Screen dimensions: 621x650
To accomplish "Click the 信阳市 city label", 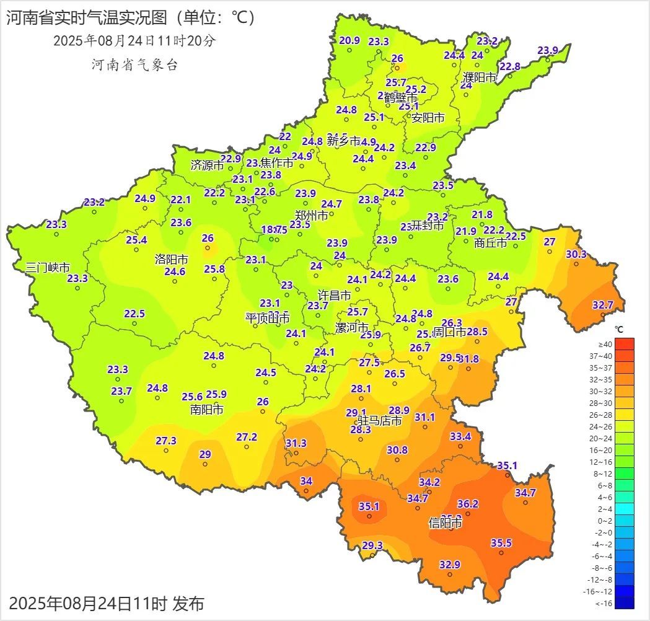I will tap(446, 524).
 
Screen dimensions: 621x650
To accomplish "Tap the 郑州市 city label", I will tap(311, 216).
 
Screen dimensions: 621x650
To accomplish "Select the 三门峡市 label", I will tap(48, 268).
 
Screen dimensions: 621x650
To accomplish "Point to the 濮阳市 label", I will tap(480, 78).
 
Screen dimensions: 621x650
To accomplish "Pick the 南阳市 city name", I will tap(207, 410).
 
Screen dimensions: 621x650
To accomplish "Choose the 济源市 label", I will tap(207, 165).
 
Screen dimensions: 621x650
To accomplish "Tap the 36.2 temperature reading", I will tap(468, 504).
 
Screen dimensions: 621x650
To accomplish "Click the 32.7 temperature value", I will tap(603, 305).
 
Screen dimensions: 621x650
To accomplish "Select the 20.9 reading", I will tap(349, 41).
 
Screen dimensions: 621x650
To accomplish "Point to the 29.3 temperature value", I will tap(372, 545).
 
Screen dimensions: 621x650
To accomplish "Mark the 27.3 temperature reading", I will tap(166, 441).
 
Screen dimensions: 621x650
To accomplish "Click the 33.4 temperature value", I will tap(460, 436).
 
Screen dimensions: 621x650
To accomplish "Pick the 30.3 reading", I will tap(576, 254).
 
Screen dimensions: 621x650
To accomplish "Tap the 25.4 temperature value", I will tap(136, 240).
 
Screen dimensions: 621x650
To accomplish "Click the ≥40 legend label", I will tap(605, 344).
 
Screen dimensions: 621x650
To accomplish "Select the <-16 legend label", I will tap(605, 603).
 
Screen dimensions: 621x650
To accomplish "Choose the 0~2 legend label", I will tap(605, 521).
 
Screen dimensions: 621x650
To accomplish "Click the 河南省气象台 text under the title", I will tap(134, 65).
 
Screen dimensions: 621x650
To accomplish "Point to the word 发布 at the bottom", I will tap(188, 603).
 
